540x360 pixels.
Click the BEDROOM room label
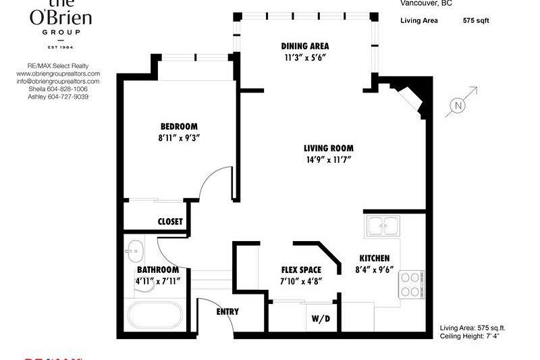(179, 126)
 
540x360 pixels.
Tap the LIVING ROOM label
(328, 148)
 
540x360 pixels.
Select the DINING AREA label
(305, 46)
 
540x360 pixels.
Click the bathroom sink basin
(134, 251)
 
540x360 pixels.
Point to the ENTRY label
(227, 311)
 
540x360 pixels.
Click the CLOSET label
(170, 221)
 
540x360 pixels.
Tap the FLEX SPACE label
(301, 269)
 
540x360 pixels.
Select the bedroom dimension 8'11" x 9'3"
(179, 138)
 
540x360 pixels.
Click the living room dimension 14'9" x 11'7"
(328, 159)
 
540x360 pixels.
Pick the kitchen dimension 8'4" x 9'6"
(375, 269)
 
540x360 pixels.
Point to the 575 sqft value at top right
(476, 21)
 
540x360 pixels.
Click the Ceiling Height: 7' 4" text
(473, 335)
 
